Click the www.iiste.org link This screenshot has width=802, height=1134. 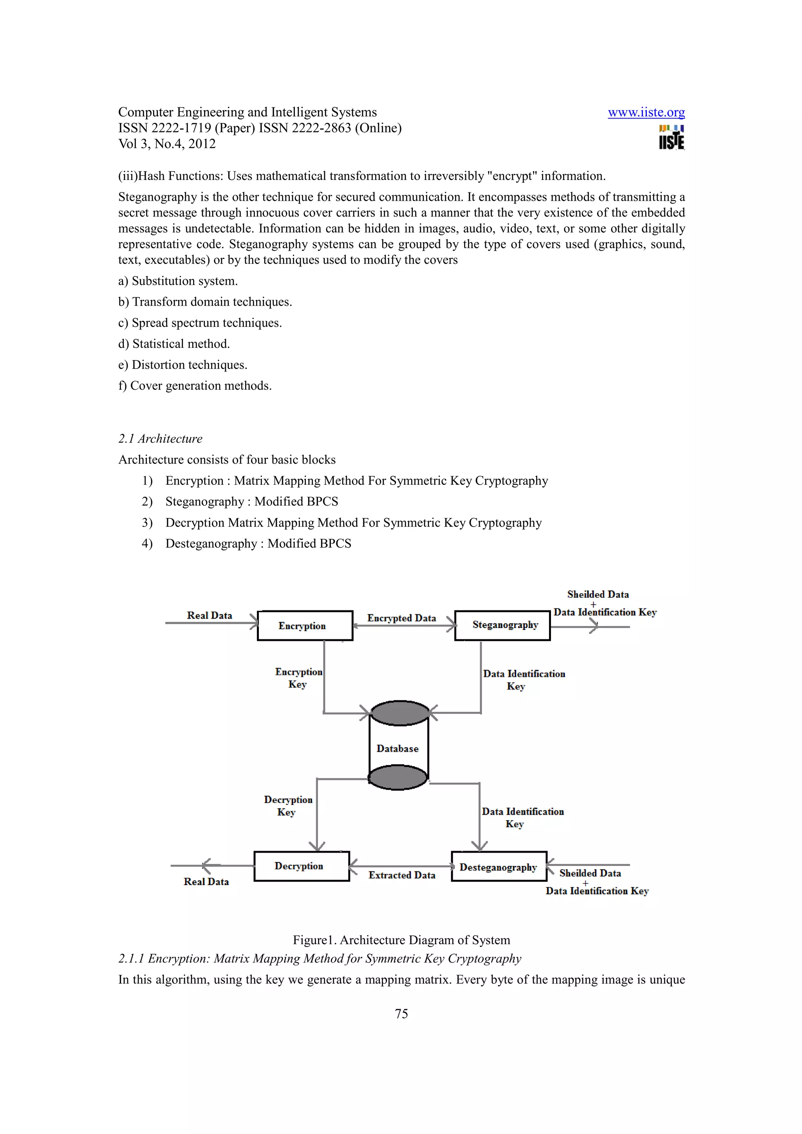click(646, 113)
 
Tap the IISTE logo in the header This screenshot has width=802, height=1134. click(671, 137)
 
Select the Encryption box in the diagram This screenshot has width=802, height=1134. click(305, 626)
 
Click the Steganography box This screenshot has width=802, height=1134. click(502, 625)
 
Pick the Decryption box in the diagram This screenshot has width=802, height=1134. click(302, 866)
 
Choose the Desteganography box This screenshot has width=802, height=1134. click(499, 867)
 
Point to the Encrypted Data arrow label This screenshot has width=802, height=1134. click(401, 618)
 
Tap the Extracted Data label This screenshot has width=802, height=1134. click(402, 875)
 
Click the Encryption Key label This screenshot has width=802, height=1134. click(298, 678)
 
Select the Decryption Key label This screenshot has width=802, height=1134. click(287, 806)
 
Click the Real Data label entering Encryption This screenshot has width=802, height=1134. click(210, 616)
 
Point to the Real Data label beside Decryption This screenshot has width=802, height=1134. click(206, 882)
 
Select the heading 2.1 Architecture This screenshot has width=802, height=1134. click(160, 439)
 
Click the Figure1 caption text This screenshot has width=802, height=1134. click(401, 940)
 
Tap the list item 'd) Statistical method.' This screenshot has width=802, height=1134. click(174, 344)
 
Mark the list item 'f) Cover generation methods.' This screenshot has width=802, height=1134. click(195, 386)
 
